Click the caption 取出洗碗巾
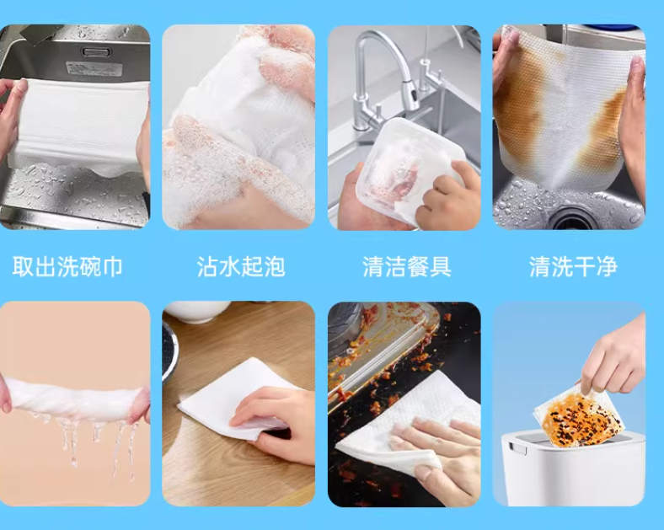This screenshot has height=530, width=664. click(67, 267)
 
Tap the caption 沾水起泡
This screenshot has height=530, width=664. click(241, 267)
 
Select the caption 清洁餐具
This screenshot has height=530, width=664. click(407, 267)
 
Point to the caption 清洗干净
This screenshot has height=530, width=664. click(573, 267)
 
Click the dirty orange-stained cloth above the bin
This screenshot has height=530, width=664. click(579, 415)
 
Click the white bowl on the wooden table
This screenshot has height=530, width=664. click(197, 312)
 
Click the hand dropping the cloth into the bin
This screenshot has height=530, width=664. click(614, 356)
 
